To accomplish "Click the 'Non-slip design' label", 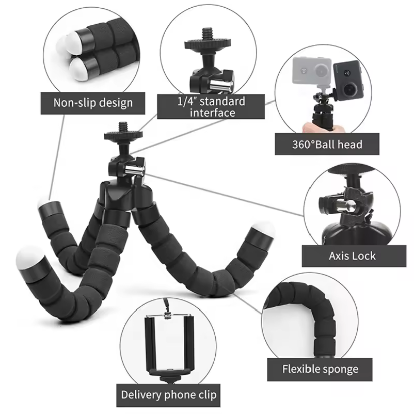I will [93, 103].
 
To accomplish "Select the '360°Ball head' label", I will [327, 145].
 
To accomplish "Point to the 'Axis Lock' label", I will [352, 256].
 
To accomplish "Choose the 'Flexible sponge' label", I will [320, 369].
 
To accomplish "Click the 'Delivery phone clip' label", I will [168, 395].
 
